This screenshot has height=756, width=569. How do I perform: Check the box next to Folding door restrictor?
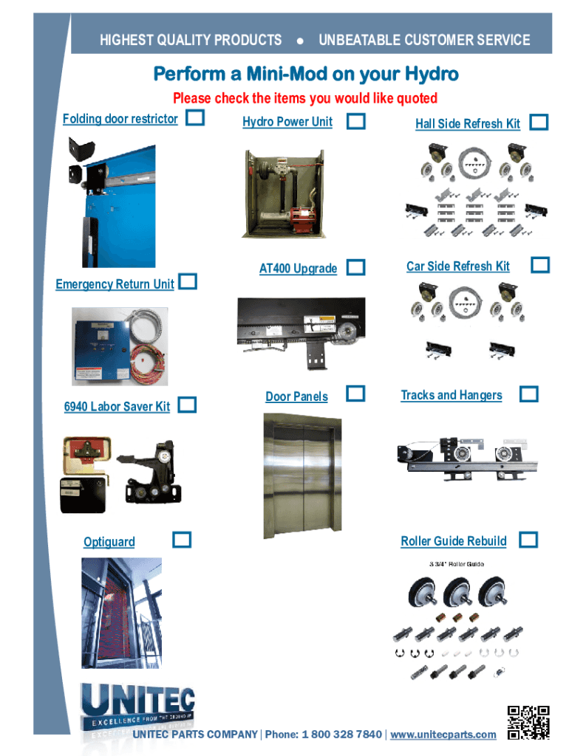[195, 117]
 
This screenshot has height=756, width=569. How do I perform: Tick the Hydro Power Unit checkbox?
[356, 122]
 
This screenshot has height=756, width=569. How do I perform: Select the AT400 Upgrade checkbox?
[356, 267]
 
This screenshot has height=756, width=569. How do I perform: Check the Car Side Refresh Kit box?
[541, 264]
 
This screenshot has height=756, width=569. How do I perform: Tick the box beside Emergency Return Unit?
[188, 281]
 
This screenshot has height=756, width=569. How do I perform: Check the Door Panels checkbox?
[356, 394]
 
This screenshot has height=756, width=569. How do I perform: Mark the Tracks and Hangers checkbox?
[528, 394]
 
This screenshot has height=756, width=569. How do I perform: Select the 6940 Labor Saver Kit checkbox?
[188, 405]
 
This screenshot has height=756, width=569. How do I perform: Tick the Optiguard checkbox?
[182, 540]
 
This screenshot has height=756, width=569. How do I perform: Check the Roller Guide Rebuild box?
[528, 540]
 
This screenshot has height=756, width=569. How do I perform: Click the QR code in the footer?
[528, 722]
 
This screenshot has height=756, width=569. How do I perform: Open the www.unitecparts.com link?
[443, 735]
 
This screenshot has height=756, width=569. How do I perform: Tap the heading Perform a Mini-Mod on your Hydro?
[306, 75]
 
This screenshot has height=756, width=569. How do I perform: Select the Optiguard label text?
[109, 542]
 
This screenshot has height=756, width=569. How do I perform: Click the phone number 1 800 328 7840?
[341, 735]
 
